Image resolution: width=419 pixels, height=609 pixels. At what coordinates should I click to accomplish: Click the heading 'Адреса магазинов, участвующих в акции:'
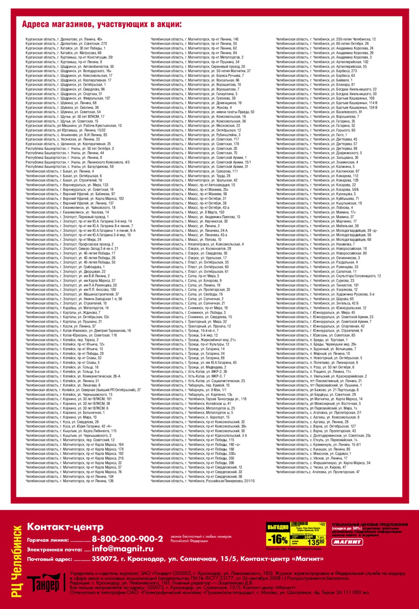point(102,24)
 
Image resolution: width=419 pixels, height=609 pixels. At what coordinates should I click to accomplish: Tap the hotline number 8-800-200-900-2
point(127,539)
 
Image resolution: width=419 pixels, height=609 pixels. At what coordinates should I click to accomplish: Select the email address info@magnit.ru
point(123,549)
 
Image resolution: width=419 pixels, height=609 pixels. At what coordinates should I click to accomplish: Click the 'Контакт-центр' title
point(65,527)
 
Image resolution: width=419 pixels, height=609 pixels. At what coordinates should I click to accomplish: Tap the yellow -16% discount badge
point(277,539)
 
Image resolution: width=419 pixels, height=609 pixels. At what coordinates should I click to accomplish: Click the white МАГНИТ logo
point(347,542)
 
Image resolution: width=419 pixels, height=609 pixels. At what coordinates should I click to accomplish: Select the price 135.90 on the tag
point(316,542)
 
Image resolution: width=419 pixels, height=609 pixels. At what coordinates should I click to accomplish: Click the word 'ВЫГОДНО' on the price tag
point(278,527)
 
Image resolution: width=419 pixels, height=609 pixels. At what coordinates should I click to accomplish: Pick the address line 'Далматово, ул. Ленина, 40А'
point(64,39)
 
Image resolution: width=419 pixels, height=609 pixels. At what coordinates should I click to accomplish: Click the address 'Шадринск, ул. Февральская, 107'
point(68,98)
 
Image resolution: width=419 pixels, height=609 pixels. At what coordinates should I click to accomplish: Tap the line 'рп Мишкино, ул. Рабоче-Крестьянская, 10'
point(73,125)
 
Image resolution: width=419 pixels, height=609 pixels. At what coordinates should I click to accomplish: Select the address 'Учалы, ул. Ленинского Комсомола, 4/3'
point(78,162)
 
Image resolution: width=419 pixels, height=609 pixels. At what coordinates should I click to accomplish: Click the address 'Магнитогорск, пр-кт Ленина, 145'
point(194,39)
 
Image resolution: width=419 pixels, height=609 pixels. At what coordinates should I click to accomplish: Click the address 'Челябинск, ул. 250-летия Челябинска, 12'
point(326,39)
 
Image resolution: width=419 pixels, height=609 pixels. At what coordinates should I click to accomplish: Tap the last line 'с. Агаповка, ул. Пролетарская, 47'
point(318,472)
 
